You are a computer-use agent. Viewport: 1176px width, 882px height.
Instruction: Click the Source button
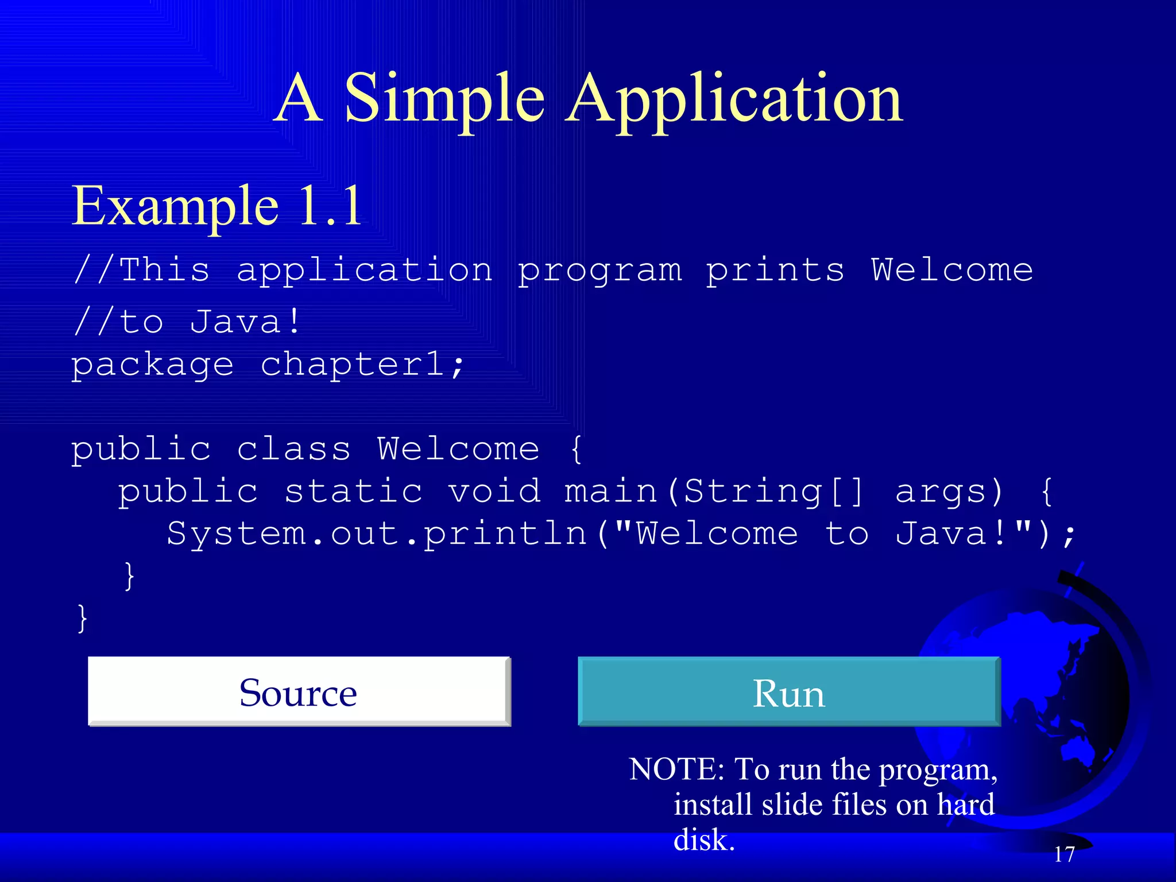299,692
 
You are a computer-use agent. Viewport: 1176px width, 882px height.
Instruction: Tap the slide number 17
1064,854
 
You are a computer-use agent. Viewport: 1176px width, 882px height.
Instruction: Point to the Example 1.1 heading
216,206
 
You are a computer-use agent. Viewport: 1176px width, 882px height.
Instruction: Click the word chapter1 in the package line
362,365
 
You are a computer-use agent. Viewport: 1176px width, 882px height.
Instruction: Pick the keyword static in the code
354,492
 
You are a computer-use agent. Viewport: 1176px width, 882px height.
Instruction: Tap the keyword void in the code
494,492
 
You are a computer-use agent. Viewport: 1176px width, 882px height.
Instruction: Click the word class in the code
293,448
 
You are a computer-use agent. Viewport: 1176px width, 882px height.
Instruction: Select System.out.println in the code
377,534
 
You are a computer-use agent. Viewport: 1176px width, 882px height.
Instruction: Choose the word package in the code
152,366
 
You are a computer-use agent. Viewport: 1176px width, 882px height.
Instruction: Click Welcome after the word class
458,448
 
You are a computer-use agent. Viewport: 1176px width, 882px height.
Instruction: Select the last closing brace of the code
83,618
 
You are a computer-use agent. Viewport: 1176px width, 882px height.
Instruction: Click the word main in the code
610,492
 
